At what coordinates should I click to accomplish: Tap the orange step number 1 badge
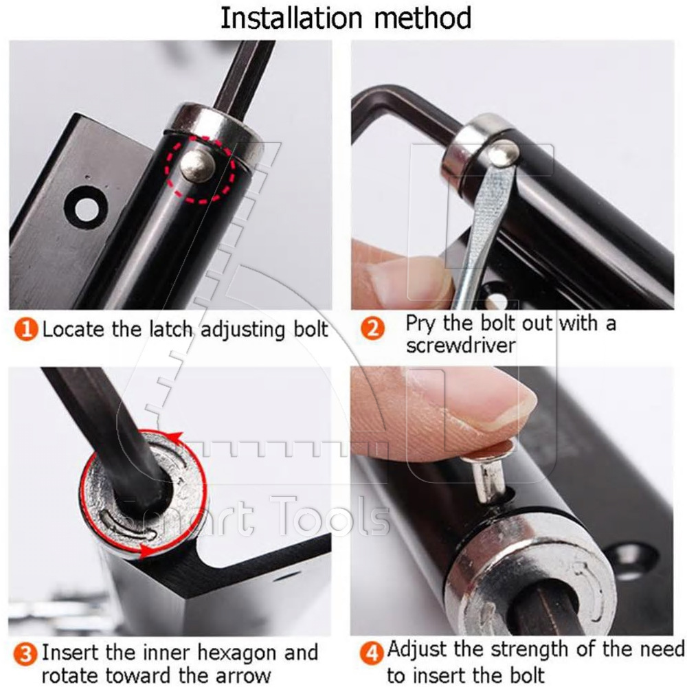(25, 329)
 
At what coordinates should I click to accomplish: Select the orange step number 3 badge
(25, 653)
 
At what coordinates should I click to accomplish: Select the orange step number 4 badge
(373, 651)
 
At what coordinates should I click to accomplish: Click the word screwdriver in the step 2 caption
(460, 345)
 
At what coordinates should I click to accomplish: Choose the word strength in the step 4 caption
(548, 649)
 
